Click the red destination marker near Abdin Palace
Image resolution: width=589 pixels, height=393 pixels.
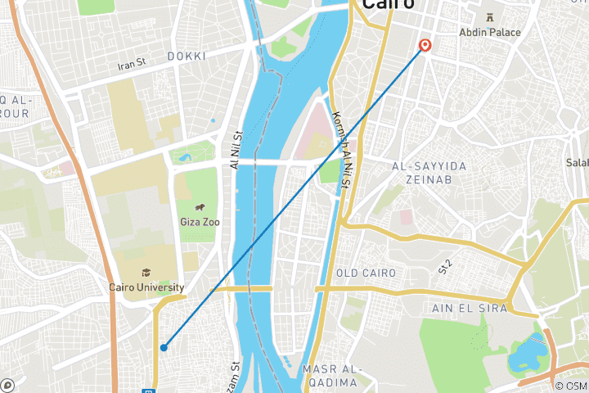click(425, 46)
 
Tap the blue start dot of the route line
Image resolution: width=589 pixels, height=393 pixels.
click(164, 347)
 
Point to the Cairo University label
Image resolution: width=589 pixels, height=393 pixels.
click(144, 287)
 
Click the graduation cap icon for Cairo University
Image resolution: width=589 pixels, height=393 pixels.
click(146, 273)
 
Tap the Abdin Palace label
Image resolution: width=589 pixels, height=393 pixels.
click(489, 32)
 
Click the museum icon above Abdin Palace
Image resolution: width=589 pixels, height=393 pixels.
click(489, 17)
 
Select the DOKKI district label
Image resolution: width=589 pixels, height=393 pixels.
click(187, 56)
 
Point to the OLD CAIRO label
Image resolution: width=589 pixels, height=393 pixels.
click(366, 273)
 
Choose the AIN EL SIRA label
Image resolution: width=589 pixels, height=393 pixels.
click(469, 308)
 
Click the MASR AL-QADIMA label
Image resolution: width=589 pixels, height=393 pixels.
click(330, 376)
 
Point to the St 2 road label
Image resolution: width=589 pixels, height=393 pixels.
click(444, 265)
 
